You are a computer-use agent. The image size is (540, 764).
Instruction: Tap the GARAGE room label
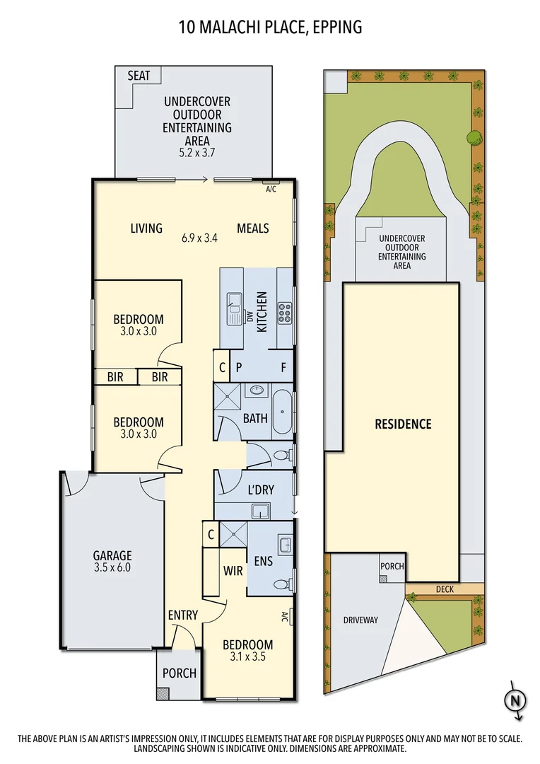112,556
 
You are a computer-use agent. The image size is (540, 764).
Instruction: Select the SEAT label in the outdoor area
139,75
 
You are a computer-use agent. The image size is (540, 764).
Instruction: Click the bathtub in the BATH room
282,412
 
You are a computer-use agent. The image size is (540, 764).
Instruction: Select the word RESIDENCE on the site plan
403,424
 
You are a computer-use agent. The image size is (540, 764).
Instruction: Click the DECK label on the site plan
445,589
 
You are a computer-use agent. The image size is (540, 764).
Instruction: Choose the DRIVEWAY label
360,620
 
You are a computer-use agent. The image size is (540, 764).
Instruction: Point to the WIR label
233,569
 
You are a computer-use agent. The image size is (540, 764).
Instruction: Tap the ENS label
262,561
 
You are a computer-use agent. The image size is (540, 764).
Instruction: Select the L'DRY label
260,490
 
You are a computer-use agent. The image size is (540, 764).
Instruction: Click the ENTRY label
182,615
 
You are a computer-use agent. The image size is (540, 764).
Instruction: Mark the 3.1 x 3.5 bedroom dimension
247,656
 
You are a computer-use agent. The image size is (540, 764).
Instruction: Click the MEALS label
253,228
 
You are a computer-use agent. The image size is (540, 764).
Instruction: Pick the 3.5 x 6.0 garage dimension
112,567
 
